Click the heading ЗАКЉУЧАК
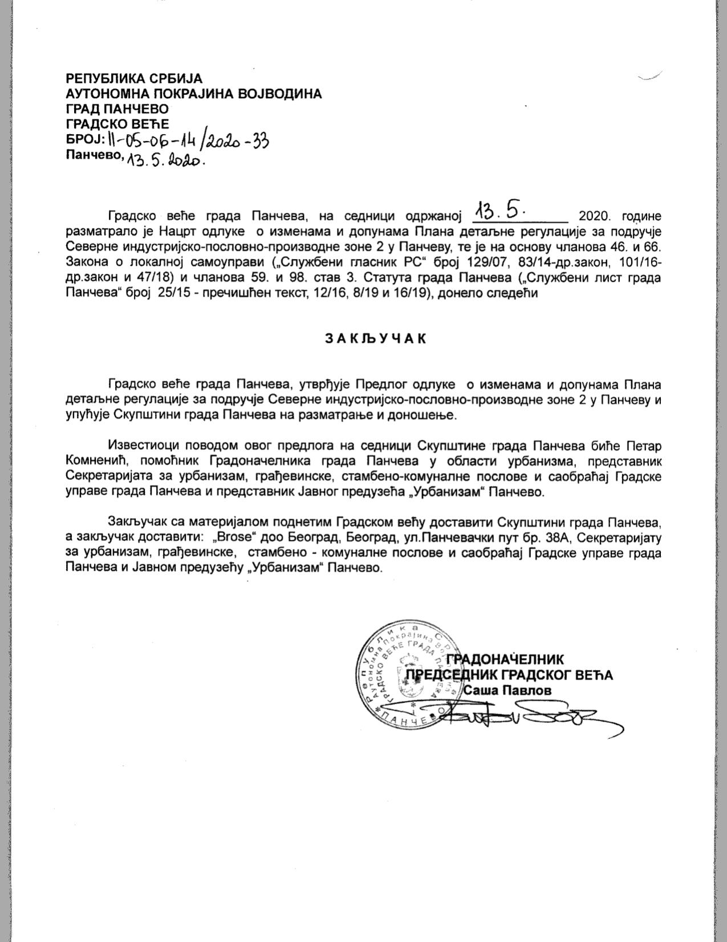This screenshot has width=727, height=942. [376, 338]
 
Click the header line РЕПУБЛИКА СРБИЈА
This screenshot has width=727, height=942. [134, 79]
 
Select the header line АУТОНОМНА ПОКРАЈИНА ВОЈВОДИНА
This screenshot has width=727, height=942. [194, 94]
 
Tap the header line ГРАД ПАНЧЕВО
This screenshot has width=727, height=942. [117, 108]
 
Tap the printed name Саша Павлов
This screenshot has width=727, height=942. [508, 690]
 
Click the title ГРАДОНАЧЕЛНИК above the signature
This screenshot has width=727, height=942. [505, 660]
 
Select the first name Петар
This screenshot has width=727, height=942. [644, 444]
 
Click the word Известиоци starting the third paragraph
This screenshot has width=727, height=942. [139, 444]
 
